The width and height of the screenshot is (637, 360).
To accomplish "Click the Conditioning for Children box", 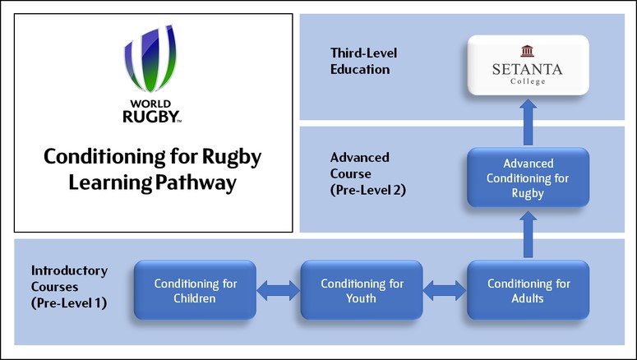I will [x=196, y=291].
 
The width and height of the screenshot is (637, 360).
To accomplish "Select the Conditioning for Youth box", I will [x=362, y=291].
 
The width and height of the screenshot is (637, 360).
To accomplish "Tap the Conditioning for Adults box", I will [x=528, y=291].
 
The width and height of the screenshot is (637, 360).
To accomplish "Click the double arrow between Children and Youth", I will [x=279, y=289].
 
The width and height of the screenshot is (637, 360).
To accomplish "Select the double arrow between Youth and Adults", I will [x=445, y=289].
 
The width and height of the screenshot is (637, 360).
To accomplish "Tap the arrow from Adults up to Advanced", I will [x=528, y=234].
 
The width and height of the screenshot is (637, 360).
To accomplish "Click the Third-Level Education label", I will [x=359, y=61].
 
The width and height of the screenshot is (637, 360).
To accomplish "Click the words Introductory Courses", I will [x=68, y=278].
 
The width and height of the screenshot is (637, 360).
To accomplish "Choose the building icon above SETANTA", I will [x=527, y=51].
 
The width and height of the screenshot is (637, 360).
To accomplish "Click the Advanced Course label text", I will [x=360, y=164].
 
